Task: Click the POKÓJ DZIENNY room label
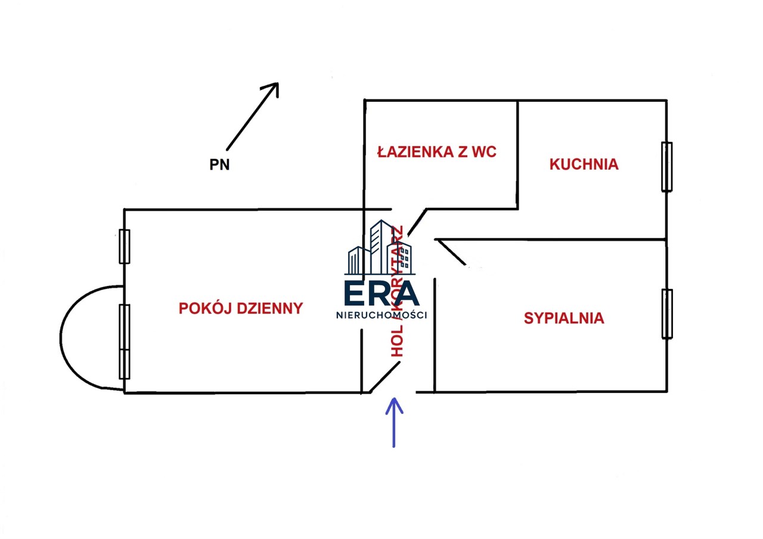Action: [241, 309]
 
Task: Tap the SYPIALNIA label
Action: [563, 319]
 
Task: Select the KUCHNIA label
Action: [584, 164]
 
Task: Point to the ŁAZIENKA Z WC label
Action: [437, 152]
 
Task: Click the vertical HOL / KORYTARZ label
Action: [398, 292]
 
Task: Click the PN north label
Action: [219, 166]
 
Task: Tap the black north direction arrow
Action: [252, 116]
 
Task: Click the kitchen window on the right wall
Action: [666, 167]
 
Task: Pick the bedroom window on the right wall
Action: [667, 313]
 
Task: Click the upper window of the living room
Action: [125, 246]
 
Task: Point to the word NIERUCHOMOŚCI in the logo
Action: [381, 316]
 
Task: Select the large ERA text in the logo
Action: [381, 293]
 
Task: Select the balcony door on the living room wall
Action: [125, 341]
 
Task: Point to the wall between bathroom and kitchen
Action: [517, 155]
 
